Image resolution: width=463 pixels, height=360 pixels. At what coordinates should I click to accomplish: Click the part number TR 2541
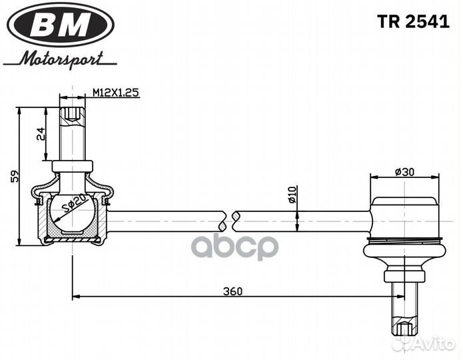[x=413, y=21]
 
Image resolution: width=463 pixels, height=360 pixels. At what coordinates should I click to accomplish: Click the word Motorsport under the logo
[x=61, y=59]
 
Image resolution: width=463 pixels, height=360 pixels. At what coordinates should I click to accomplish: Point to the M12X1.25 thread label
[x=115, y=93]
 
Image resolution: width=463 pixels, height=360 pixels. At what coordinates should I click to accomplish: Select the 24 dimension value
[x=41, y=133]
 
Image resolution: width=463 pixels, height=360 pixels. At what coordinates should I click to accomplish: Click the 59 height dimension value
[x=15, y=176]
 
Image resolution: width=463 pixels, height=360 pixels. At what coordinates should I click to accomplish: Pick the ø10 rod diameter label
[x=292, y=195]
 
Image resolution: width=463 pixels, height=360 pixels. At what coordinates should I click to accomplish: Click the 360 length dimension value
[x=232, y=291]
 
